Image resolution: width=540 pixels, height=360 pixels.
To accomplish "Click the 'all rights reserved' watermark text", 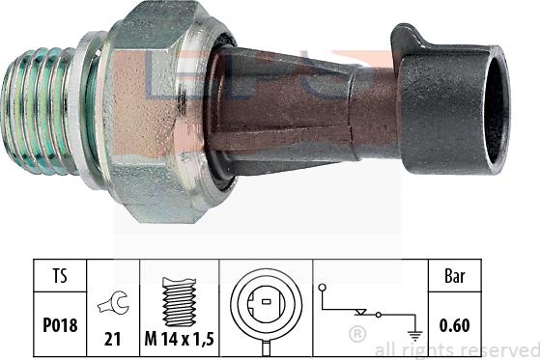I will pos(454,349).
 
